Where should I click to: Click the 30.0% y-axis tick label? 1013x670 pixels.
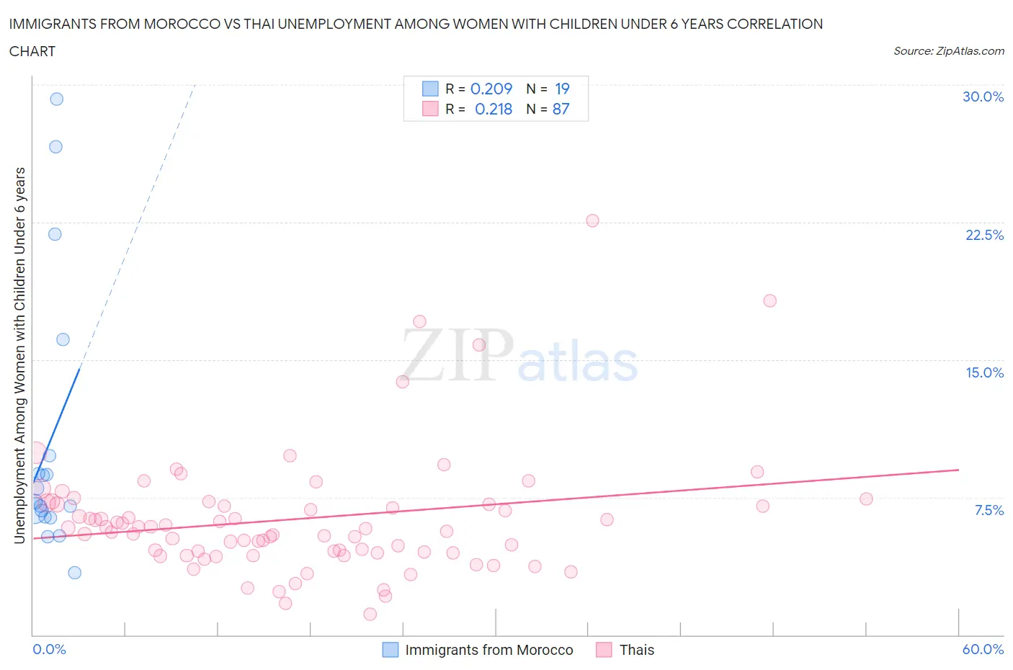coord(983,97)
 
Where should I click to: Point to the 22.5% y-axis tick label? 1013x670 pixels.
coord(984,235)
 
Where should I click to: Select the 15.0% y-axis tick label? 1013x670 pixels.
coord(984,372)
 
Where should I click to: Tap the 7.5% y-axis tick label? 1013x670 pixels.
coord(989,510)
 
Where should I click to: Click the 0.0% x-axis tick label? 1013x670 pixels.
coord(49,649)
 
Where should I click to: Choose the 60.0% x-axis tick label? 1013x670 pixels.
coord(983,649)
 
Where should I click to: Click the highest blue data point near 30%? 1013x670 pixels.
coord(56,99)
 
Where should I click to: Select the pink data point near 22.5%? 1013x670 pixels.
coord(592,220)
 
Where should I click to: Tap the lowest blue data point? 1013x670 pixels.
coord(74,573)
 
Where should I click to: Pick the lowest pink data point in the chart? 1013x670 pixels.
coord(370,614)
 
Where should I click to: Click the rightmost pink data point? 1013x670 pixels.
coord(866,499)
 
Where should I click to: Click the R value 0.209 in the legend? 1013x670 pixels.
coord(491,89)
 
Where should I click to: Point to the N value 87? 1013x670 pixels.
coord(561,109)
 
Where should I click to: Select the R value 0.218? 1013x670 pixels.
coord(494,109)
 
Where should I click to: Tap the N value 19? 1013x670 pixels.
coord(562,89)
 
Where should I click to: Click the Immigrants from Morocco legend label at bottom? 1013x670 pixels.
coord(488,650)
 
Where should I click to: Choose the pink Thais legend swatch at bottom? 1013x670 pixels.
coord(604,650)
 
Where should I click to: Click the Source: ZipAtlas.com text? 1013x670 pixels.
coord(948,50)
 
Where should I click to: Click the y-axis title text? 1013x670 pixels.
coord(19,354)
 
